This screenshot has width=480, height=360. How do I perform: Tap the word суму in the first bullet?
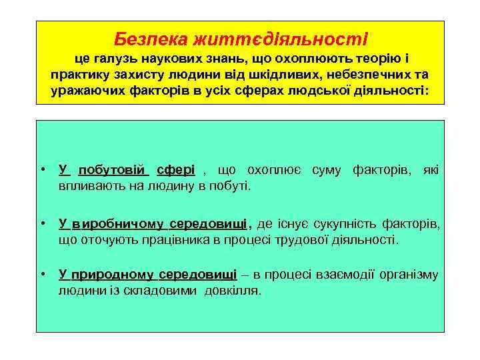325,170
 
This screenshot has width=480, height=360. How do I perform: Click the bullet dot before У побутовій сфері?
43,170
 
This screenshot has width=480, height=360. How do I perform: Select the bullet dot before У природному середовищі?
43,274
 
